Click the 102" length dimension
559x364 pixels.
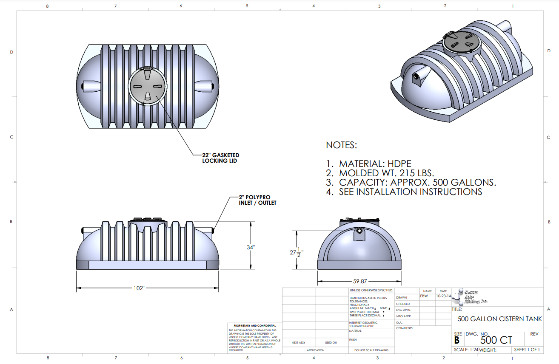139,288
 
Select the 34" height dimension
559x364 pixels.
250,247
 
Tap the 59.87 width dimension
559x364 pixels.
360,281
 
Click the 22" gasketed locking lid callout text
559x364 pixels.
220,158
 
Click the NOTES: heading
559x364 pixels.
341,145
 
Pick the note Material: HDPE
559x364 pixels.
375,164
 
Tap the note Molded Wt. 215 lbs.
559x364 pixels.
386,173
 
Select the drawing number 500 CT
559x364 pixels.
496,340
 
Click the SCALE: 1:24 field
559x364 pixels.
466,350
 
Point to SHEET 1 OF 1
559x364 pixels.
527,350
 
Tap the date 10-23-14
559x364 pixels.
443,296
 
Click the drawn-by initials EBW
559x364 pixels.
424,296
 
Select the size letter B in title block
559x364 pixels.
457,340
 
